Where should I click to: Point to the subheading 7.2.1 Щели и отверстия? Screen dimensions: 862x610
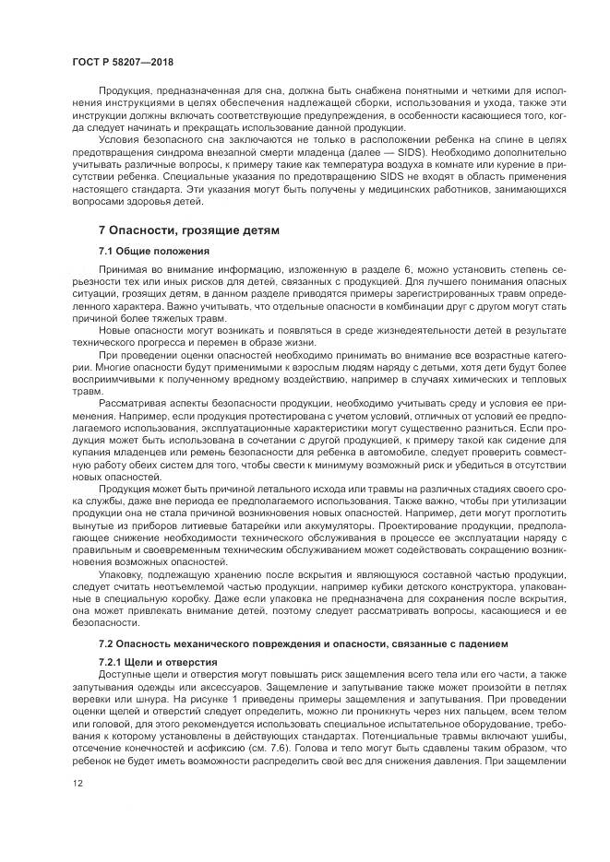[x=158, y=662]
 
